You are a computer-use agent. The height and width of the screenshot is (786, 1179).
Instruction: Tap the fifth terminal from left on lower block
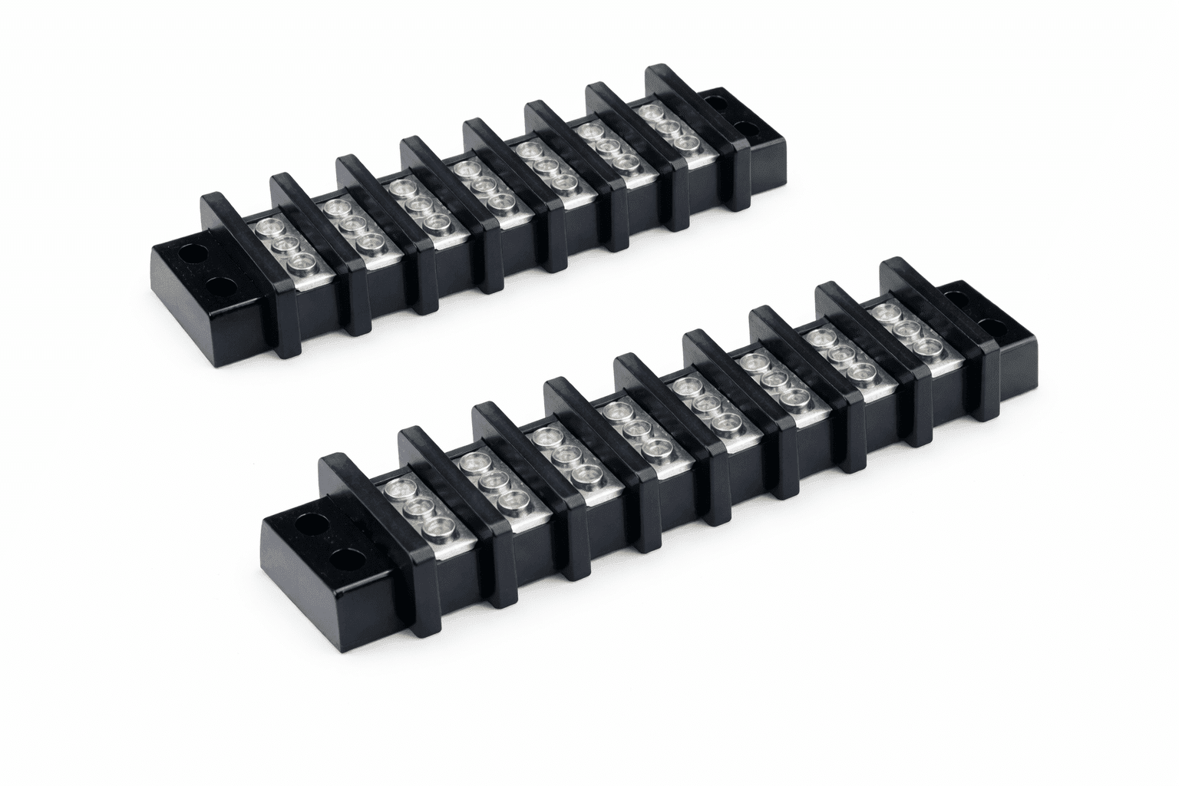(703, 404)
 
